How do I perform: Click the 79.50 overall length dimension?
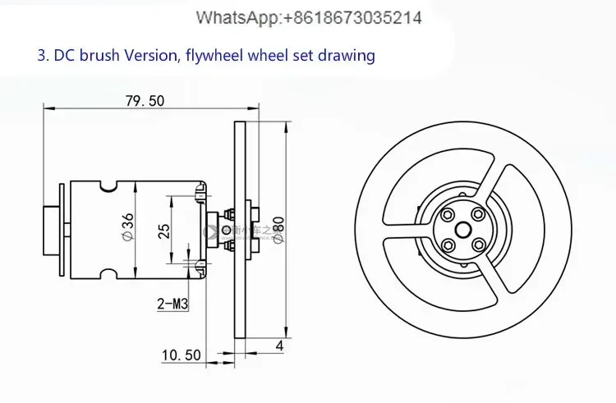[145, 101]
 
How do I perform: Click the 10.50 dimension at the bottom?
[181, 355]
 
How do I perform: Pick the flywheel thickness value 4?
[279, 346]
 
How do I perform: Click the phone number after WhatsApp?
[353, 17]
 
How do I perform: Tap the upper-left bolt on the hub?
[448, 215]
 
